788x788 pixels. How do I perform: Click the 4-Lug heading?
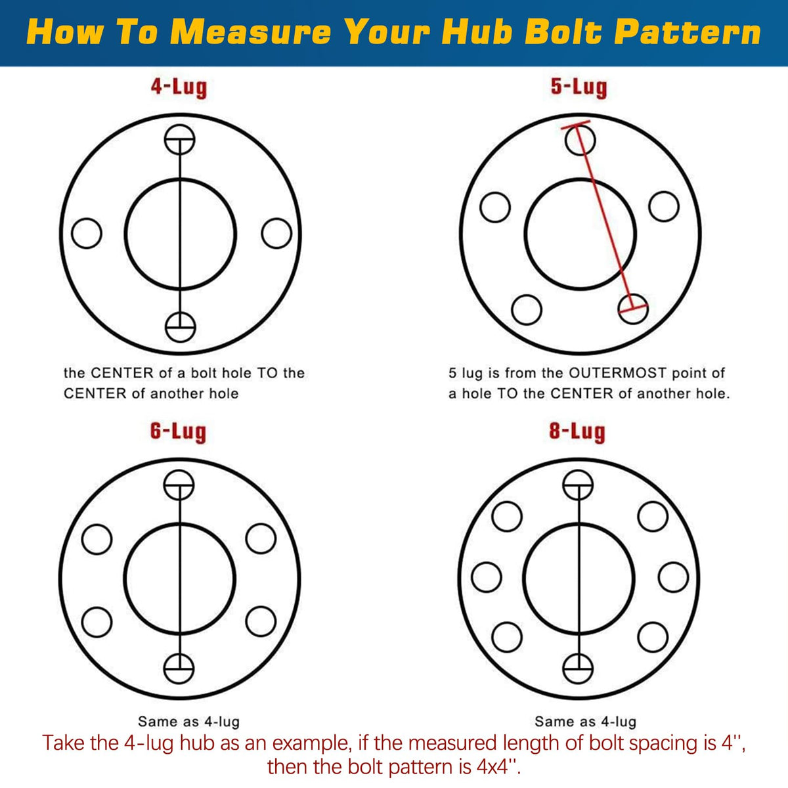(x=179, y=87)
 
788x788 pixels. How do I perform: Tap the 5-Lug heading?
(x=579, y=87)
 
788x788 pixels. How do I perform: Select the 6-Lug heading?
(x=178, y=431)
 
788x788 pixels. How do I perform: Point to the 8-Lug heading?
(x=577, y=431)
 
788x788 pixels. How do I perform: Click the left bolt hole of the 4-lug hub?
(x=86, y=233)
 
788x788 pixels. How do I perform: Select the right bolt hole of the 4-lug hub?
(x=276, y=233)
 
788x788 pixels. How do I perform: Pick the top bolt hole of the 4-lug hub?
(x=179, y=139)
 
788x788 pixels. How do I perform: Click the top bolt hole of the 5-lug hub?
(x=580, y=140)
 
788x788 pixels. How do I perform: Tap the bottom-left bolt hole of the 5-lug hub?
(x=526, y=309)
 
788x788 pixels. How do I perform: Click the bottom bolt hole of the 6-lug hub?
(x=179, y=668)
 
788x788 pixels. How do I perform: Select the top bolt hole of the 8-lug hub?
(x=578, y=485)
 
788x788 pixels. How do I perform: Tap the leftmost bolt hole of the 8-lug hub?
(x=486, y=577)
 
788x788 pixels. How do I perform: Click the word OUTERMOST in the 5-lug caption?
(x=618, y=373)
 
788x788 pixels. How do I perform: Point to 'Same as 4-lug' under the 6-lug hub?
(x=188, y=722)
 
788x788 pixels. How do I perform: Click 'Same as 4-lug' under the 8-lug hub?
(x=585, y=722)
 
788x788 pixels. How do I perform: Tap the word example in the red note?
(x=312, y=743)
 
